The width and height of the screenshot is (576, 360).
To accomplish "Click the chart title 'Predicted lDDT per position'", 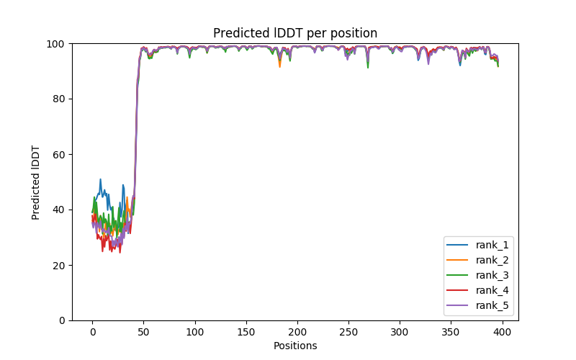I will pyautogui.click(x=294, y=33).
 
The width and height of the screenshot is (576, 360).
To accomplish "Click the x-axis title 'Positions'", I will pyautogui.click(x=294, y=346).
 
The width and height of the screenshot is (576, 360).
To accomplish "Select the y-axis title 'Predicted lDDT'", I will pyautogui.click(x=36, y=181).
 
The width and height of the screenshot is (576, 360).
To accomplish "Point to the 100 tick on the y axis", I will pyautogui.click(x=56, y=43).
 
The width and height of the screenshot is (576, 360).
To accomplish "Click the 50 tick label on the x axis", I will pyautogui.click(x=143, y=331).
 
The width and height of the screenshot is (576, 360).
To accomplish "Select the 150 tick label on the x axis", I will pyautogui.click(x=246, y=331).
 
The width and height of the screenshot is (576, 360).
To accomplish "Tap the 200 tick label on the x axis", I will pyautogui.click(x=297, y=331).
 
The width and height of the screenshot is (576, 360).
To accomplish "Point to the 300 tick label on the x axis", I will pyautogui.click(x=400, y=331).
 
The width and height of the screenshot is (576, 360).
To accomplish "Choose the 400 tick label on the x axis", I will pyautogui.click(x=502, y=331).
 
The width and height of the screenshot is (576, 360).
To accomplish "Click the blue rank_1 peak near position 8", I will pyautogui.click(x=100, y=179).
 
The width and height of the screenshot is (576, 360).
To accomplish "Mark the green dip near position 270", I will pyautogui.click(x=368, y=68).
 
